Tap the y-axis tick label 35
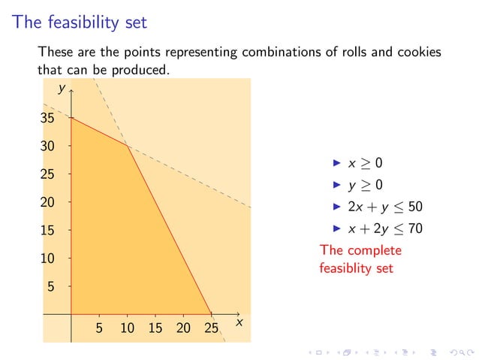[47, 118]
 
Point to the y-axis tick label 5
[51, 286]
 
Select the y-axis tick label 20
[47, 202]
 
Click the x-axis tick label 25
[211, 328]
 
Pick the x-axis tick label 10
[127, 328]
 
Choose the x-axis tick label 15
[155, 328]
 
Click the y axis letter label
[61, 89]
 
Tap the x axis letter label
[239, 322]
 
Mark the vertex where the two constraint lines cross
[127, 146]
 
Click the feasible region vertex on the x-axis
[211, 314]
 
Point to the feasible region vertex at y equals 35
[71, 117]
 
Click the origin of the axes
[71, 314]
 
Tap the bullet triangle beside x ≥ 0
[337, 162]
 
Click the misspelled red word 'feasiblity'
[345, 268]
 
